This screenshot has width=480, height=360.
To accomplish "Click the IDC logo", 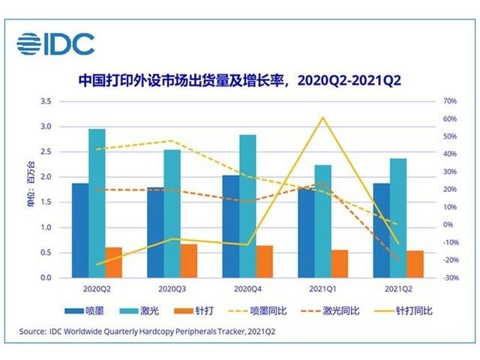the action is [x=55, y=44].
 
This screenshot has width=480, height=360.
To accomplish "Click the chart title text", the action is [x=240, y=80].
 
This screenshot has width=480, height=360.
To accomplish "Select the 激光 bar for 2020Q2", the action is [x=97, y=203].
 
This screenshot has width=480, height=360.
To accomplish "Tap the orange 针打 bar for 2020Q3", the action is [x=189, y=261].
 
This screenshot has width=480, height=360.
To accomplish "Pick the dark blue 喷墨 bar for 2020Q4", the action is [x=231, y=226].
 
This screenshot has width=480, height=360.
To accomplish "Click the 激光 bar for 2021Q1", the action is [x=323, y=221].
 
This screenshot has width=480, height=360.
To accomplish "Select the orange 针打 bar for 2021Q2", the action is [x=415, y=264].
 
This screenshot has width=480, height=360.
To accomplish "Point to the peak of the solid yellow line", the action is [x=323, y=117].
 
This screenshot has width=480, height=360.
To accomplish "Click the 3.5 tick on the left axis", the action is [x=46, y=101].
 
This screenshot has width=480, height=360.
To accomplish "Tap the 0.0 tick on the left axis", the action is [x=46, y=277].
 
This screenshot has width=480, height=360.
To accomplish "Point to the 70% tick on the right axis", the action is [x=450, y=101].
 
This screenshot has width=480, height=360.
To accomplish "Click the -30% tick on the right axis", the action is [x=451, y=277].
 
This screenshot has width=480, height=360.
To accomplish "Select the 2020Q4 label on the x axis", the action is [x=247, y=289].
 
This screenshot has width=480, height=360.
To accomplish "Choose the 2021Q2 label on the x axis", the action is [x=398, y=289].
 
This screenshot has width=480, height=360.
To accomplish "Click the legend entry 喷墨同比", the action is [x=258, y=311].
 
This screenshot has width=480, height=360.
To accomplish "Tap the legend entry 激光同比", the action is [x=330, y=311].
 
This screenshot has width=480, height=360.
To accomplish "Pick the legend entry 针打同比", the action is [x=403, y=311].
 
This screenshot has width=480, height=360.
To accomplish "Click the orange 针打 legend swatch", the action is [x=183, y=311].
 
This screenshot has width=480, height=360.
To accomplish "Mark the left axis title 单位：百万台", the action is [x=31, y=184].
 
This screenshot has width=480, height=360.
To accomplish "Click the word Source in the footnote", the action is [x=31, y=331].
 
